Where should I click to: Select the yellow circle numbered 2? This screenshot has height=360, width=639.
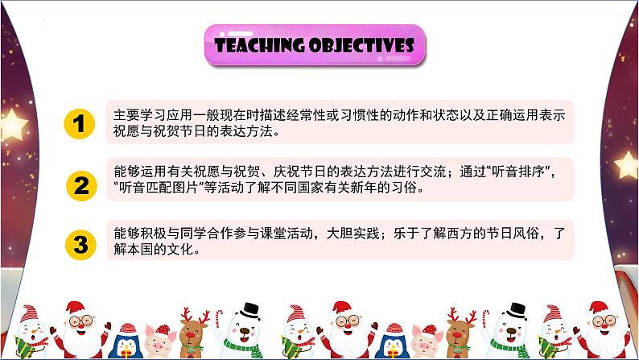coord(79,185)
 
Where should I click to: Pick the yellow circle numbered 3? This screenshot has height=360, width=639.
coord(79,241)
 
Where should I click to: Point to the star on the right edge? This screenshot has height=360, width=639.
coord(626,164)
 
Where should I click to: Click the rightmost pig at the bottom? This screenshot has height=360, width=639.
coord(429,341)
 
